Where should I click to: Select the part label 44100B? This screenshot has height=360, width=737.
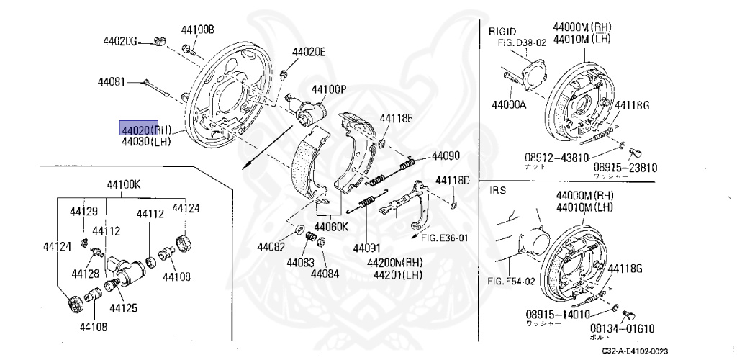coord(197,30)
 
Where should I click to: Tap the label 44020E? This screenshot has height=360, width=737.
coord(309,51)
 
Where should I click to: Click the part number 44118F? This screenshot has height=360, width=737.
coord(397,118)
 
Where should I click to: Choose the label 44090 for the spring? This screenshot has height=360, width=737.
coord(446,156)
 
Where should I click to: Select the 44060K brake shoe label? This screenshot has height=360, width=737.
coord(331,225)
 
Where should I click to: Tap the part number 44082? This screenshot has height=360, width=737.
coord(272,246)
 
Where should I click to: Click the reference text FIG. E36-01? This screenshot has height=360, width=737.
coord(445,238)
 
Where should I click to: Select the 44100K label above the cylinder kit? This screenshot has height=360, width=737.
coord(123,184)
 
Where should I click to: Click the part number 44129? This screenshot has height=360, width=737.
coord(83,211)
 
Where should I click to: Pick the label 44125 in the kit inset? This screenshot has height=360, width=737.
coord(123,308)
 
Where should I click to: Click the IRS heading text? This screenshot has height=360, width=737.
coord(498,191)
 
